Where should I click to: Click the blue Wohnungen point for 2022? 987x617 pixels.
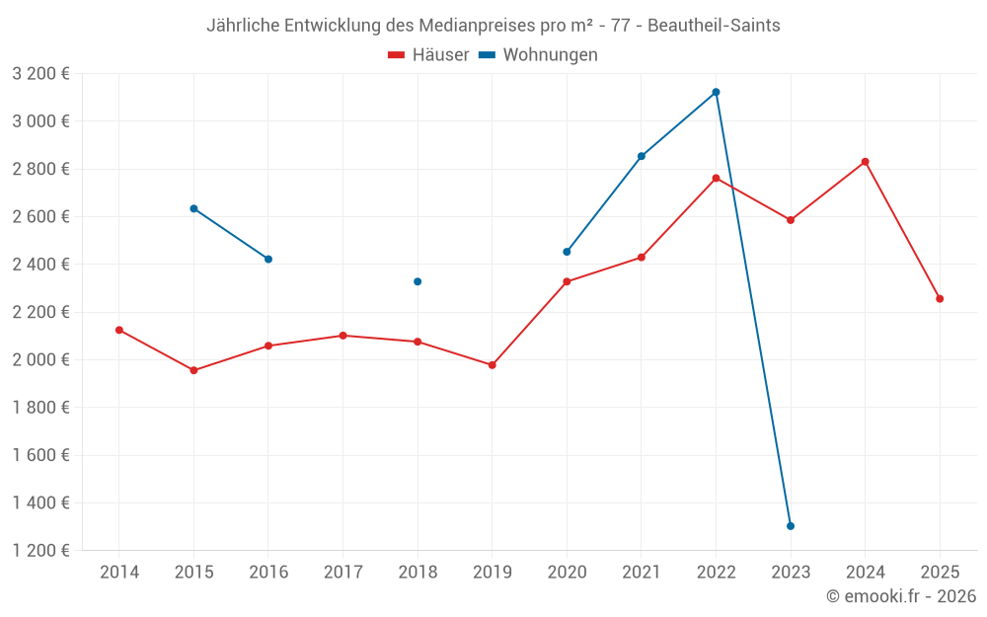click(716, 92)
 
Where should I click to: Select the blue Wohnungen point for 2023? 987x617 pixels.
click(791, 526)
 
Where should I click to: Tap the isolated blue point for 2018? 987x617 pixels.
click(418, 281)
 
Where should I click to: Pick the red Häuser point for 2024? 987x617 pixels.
click(865, 162)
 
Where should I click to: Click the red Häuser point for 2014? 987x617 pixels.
click(119, 330)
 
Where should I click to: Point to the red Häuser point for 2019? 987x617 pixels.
click(493, 365)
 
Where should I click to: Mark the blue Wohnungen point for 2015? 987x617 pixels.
click(193, 208)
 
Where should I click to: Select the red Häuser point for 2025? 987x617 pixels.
click(940, 298)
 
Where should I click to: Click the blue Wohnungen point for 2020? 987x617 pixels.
click(567, 252)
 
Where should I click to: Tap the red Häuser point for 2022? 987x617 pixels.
click(716, 178)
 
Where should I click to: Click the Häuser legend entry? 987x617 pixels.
click(428, 55)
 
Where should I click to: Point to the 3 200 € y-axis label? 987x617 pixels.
click(40, 74)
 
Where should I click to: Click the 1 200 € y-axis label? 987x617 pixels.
click(40, 551)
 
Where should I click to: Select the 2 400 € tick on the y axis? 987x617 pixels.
click(40, 265)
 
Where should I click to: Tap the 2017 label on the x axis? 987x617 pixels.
click(342, 573)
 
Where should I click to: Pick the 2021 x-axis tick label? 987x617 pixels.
click(642, 573)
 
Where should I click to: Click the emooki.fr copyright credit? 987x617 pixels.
click(901, 596)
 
